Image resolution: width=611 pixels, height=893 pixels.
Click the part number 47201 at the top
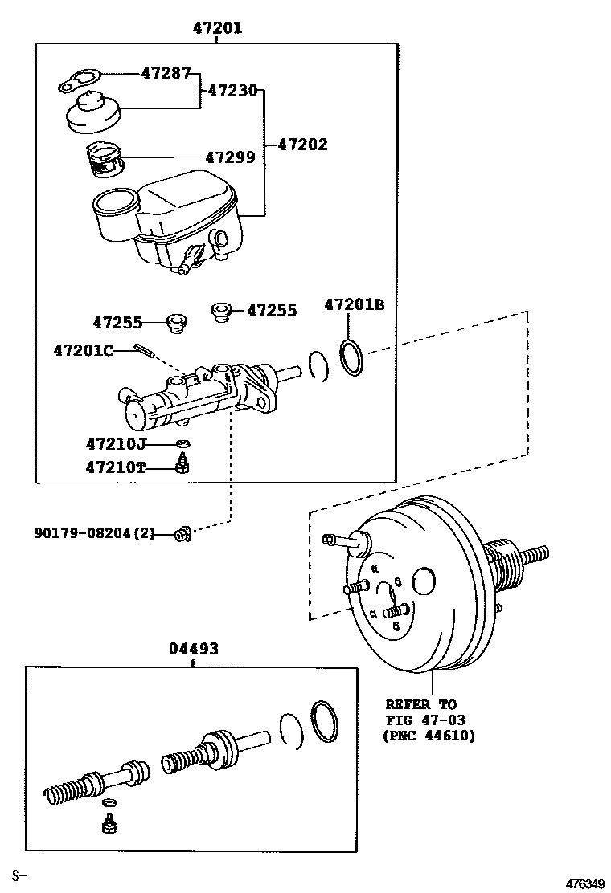click(x=217, y=28)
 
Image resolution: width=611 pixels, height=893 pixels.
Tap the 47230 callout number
click(x=232, y=91)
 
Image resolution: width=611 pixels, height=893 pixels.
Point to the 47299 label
click(x=230, y=157)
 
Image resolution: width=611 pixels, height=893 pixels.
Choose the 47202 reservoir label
click(x=302, y=145)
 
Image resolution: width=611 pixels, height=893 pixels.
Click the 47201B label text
click(x=355, y=304)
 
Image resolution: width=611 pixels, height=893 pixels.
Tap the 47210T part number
click(x=116, y=467)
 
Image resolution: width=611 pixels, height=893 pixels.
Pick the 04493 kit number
click(x=193, y=648)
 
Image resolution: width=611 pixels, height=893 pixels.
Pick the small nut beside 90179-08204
click(x=182, y=533)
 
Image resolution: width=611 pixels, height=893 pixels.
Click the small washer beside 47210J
click(x=183, y=442)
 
